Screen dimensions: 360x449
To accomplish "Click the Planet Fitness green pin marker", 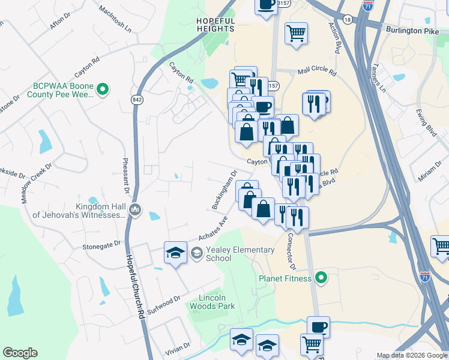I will pyautogui.click(x=321, y=278).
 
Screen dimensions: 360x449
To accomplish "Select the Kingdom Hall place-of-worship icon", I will pyautogui.click(x=135, y=209).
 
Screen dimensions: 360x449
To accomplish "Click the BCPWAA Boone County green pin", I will pyautogui.click(x=103, y=90).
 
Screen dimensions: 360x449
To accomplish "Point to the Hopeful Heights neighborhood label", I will pyautogui.click(x=215, y=25).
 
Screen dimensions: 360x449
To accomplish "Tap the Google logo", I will pyautogui.click(x=20, y=353).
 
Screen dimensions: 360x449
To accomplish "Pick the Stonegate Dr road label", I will pyautogui.click(x=102, y=245).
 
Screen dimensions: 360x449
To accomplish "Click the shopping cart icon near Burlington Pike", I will pyautogui.click(x=296, y=35).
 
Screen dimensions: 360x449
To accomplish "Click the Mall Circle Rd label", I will pyautogui.click(x=316, y=70).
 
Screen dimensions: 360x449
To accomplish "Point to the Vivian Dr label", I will pyautogui.click(x=178, y=346).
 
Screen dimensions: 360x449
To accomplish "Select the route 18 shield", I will pyautogui.click(x=348, y=19).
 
